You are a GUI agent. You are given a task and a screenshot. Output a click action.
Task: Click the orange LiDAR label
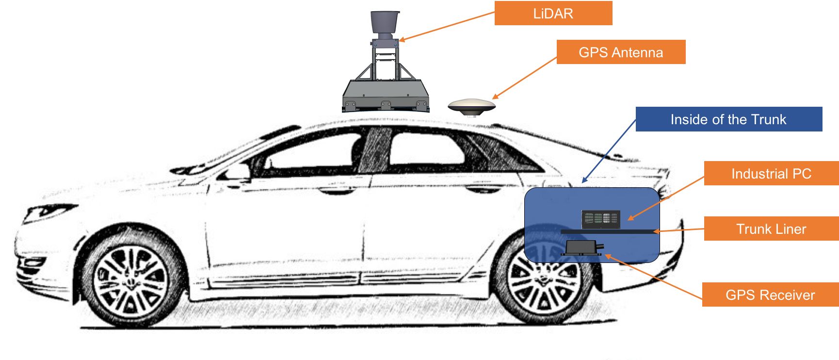click(x=553, y=13)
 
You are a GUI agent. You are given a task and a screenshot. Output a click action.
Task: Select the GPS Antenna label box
click(x=621, y=52)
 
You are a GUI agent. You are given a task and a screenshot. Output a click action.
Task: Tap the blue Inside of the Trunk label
click(x=728, y=119)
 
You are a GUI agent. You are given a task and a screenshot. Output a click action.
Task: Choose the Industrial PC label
click(x=771, y=173)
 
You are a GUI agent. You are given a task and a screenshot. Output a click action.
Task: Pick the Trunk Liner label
click(x=771, y=229)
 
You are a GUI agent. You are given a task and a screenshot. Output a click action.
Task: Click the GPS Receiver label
click(x=770, y=295)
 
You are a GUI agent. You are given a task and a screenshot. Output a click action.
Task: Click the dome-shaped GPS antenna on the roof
click(x=471, y=106)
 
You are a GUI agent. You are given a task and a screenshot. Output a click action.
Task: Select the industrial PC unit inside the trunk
click(x=601, y=219)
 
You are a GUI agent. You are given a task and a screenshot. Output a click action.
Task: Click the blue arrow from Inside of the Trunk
click(x=609, y=151)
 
